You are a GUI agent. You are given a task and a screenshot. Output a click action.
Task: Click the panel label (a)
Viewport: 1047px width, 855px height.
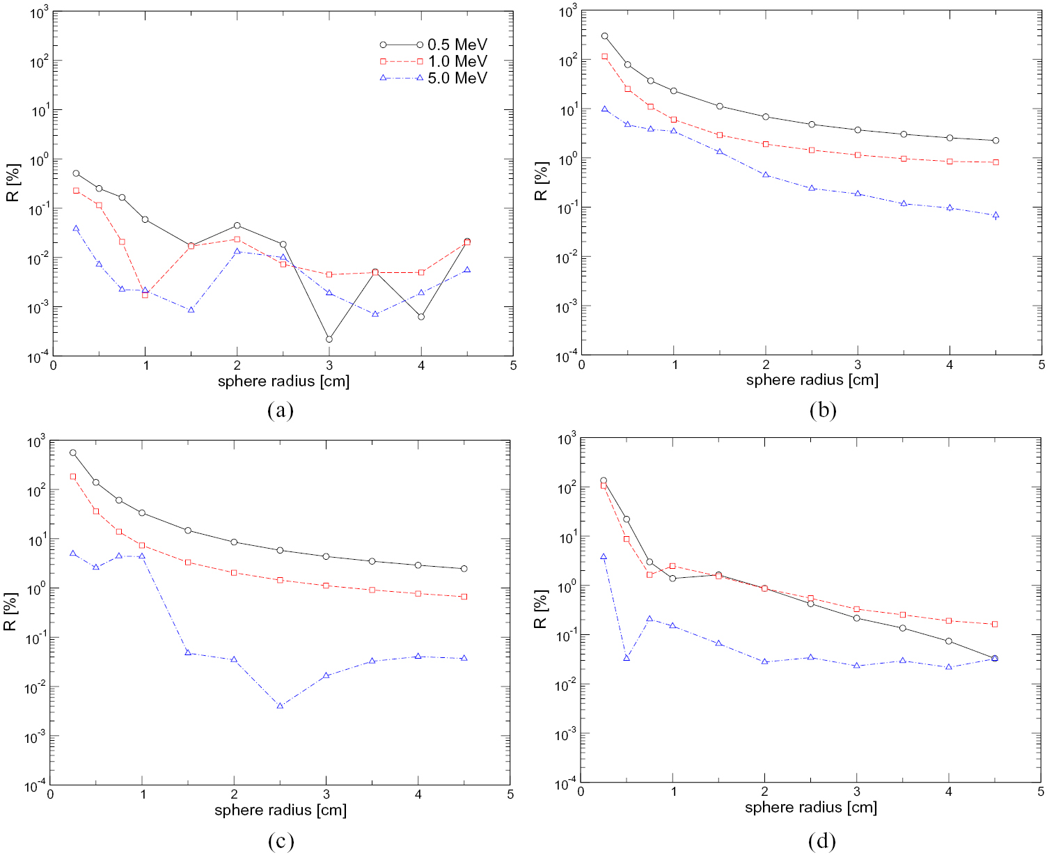coord(281,410)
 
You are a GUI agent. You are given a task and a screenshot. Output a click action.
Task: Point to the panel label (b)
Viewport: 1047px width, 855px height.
coord(822,410)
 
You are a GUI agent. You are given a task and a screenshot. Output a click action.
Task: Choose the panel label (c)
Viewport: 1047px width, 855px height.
coord(281,841)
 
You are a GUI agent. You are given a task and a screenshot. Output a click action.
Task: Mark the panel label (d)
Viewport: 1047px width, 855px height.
coord(822,841)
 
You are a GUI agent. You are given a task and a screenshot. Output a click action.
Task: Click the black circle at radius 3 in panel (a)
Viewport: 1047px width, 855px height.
coord(329,339)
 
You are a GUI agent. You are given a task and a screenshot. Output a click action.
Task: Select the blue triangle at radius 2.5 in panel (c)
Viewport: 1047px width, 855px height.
coord(280,706)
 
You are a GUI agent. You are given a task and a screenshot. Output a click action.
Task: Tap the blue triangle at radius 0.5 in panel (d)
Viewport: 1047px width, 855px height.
coord(627,658)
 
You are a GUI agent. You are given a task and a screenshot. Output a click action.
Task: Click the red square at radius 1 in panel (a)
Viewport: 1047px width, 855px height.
coord(145,295)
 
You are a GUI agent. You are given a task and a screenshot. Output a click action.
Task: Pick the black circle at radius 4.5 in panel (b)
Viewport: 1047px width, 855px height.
coord(995,141)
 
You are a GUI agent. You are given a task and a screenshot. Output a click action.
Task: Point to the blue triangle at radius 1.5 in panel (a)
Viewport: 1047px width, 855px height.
coord(191,310)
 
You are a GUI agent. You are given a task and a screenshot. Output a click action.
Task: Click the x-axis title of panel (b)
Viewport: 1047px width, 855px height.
coord(812,380)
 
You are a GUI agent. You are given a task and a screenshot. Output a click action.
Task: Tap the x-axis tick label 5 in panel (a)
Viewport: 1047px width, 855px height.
coord(513,366)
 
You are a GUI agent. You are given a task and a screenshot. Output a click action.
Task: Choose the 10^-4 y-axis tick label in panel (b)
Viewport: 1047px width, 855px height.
coord(566,356)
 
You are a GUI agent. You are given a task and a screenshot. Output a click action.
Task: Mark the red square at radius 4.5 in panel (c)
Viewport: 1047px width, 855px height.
coord(464,597)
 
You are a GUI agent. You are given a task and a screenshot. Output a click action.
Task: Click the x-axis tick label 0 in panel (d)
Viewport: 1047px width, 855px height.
coord(581,792)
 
